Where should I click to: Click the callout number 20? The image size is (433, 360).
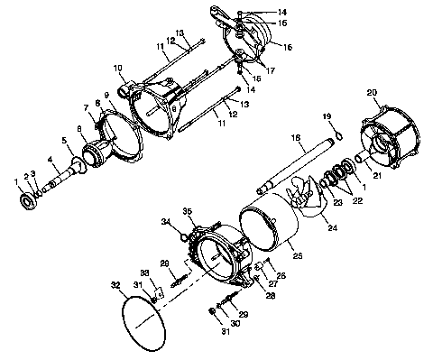(x=371, y=92)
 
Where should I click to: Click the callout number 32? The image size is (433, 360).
(x=115, y=284)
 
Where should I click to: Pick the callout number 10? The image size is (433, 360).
(x=118, y=67)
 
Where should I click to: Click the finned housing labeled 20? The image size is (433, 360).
(x=392, y=144)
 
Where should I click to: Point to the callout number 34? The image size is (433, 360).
(x=166, y=222)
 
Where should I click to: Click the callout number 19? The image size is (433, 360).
(x=328, y=116)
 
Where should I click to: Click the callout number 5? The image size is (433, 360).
(x=64, y=140)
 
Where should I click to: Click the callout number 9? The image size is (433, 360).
(x=106, y=95)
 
